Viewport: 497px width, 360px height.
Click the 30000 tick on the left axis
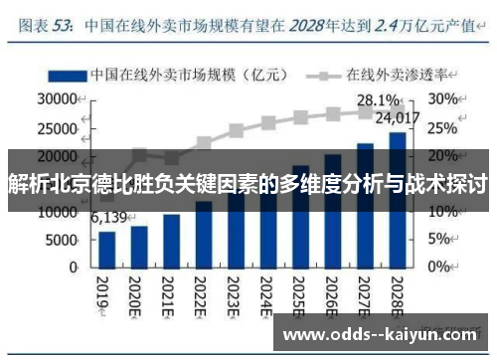click(x=59, y=99)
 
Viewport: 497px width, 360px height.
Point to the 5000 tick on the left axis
click(x=63, y=240)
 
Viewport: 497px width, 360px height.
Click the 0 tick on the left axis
click(x=74, y=268)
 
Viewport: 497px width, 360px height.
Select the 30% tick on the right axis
click(x=443, y=99)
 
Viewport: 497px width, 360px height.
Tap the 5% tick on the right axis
click(x=440, y=240)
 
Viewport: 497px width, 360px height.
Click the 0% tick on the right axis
click(x=440, y=268)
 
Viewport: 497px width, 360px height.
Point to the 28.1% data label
click(x=377, y=100)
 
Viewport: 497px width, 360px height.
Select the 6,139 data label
click(x=109, y=217)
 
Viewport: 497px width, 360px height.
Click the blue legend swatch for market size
click(x=65, y=75)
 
